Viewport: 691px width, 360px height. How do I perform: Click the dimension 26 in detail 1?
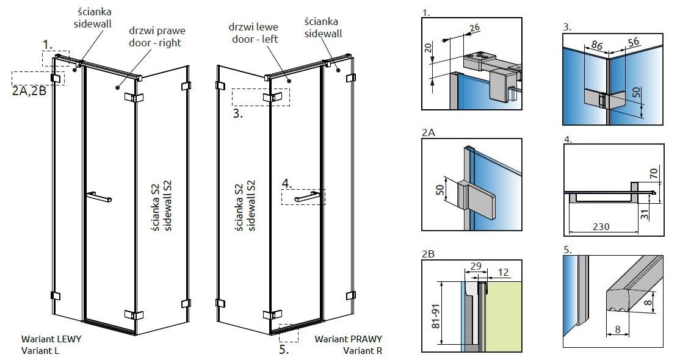point(475,27)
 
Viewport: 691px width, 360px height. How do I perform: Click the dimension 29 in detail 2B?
point(477,267)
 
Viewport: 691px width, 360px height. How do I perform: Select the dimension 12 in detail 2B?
point(502,272)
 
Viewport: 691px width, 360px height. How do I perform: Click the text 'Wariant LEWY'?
point(51,339)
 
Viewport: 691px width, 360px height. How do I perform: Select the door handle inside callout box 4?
point(308,197)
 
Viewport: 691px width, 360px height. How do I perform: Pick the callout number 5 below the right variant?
point(284,350)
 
